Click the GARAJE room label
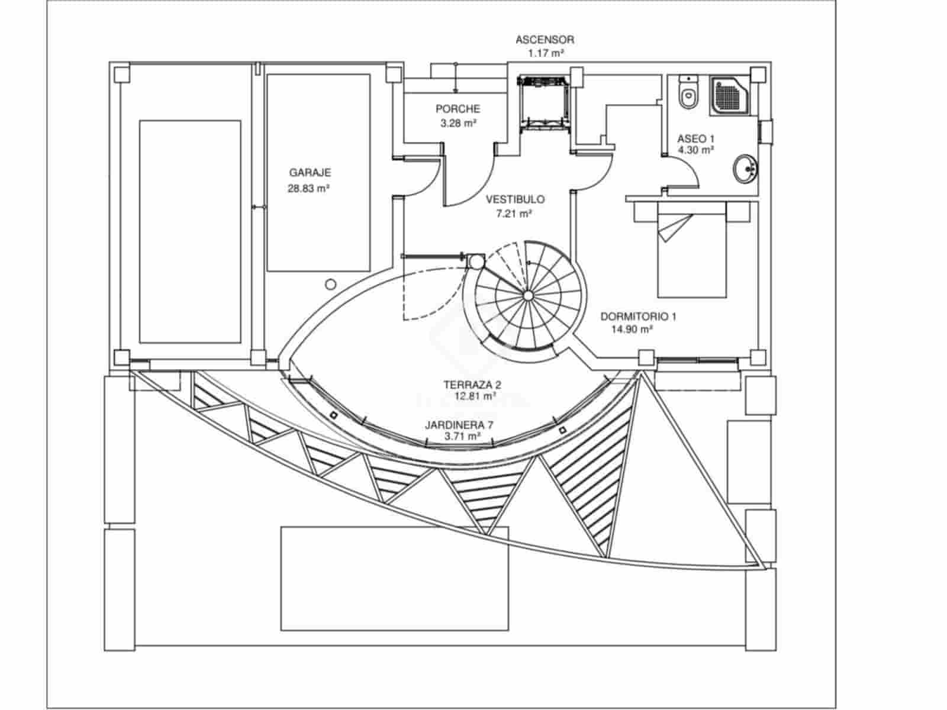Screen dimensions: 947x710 [x=310, y=173]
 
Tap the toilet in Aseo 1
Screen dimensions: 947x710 [x=687, y=93]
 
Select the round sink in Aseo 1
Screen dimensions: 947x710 [x=745, y=170]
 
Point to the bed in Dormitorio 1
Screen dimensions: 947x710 [x=692, y=249]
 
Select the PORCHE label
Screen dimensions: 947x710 [x=458, y=109]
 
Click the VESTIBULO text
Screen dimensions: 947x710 [x=515, y=199]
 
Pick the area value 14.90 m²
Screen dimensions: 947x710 [x=632, y=330]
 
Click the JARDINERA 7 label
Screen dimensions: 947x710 [x=459, y=425]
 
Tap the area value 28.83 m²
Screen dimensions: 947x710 [x=308, y=189]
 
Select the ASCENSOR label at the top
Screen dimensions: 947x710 [x=545, y=40]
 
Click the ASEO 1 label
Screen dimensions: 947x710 [x=695, y=138]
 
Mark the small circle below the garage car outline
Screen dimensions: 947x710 [x=330, y=284]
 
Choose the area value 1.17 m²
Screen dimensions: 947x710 [x=545, y=53]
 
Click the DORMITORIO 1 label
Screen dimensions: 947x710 [x=638, y=317]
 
